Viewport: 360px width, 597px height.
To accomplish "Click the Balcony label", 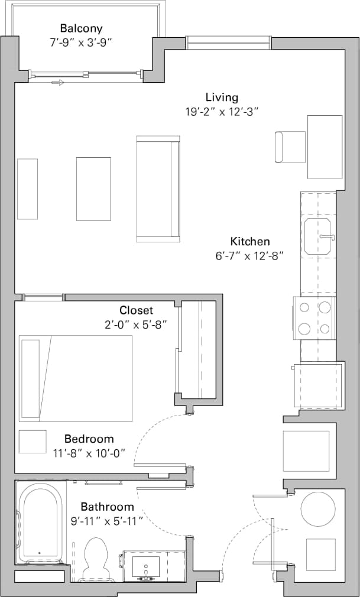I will [x=82, y=28].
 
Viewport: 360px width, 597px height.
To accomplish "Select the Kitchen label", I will [x=250, y=241].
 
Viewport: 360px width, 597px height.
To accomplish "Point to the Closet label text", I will [x=136, y=310].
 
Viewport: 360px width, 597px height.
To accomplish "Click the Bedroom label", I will [x=89, y=439].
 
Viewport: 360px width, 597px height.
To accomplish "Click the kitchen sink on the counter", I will [x=318, y=236].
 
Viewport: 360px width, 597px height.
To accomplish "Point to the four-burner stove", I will [x=314, y=318].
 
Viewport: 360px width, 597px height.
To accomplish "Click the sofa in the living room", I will [x=157, y=189].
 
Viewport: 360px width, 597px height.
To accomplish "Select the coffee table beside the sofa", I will [x=93, y=189].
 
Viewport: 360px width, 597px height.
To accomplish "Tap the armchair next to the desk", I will [x=290, y=147].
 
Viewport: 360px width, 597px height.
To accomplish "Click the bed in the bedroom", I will [x=76, y=378].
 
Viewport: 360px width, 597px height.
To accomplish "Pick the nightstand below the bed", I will [x=33, y=442].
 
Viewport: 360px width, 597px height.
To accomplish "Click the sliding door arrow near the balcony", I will [x=57, y=83].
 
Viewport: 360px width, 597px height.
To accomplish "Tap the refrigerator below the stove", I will [x=319, y=386].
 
